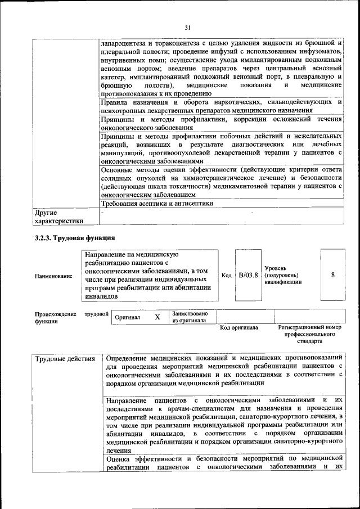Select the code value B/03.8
[x=248, y=275]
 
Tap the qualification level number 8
[x=333, y=275]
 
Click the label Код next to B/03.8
[x=226, y=276]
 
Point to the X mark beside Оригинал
[x=157, y=317]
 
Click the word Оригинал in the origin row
[x=127, y=318]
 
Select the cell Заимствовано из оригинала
[x=190, y=317]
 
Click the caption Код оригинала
[x=238, y=328]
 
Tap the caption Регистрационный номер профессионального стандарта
[x=309, y=334]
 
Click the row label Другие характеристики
[x=59, y=217]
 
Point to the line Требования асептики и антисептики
[x=156, y=204]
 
